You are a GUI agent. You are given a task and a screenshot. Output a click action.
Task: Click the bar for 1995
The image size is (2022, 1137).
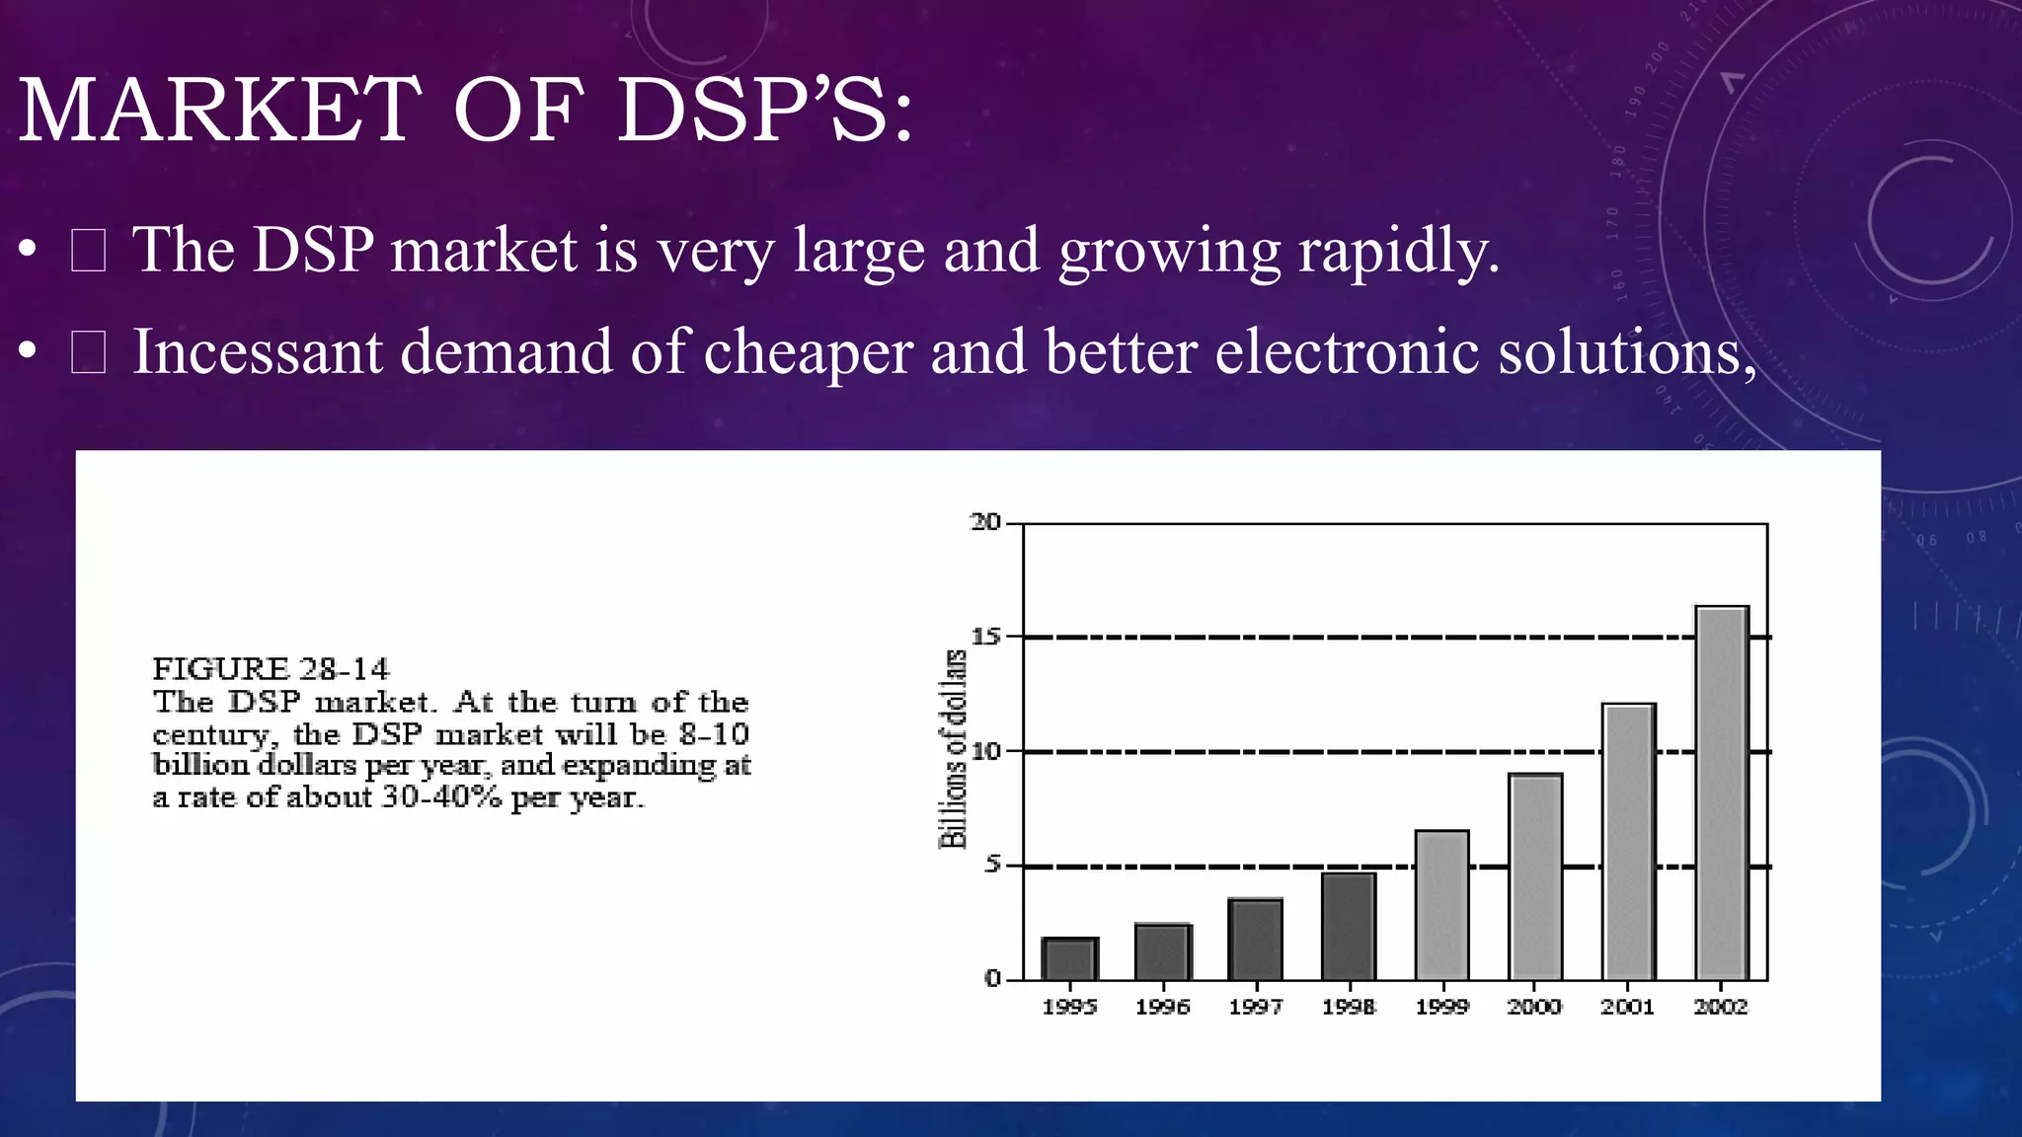pos(1069,958)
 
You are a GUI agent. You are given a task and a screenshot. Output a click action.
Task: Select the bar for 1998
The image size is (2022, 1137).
pos(1349,926)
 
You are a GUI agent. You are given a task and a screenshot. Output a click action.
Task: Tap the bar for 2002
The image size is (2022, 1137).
pos(1722,793)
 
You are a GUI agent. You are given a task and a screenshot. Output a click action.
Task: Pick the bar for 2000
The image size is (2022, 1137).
pos(1535,876)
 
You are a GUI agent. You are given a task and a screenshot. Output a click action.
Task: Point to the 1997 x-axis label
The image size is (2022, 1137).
pos(1256,1007)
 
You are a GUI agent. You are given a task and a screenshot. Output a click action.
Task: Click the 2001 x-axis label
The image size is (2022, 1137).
pos(1628,1007)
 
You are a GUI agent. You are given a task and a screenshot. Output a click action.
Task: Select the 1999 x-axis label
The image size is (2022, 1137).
pos(1442,1007)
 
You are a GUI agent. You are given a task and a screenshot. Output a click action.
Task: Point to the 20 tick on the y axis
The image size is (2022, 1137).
pos(985,522)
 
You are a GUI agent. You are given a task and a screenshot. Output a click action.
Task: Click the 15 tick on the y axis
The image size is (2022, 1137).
pos(985,637)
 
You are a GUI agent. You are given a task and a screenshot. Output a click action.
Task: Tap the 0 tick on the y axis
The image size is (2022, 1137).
pos(992,979)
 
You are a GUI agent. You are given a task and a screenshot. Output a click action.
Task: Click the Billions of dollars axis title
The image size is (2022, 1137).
pos(953,750)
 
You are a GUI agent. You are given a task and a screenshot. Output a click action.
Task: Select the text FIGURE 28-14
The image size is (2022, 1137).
pos(271,669)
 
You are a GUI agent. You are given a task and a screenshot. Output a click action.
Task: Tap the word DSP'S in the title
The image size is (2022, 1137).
pos(765,110)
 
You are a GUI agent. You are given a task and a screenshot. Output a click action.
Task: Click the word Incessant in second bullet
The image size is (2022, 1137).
pos(258,352)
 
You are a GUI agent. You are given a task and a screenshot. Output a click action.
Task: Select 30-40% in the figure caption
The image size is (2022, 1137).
pos(441,797)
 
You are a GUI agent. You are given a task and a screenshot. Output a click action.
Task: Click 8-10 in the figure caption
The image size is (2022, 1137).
pos(714,734)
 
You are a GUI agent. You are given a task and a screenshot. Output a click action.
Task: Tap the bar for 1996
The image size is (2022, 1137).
pos(1163,952)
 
